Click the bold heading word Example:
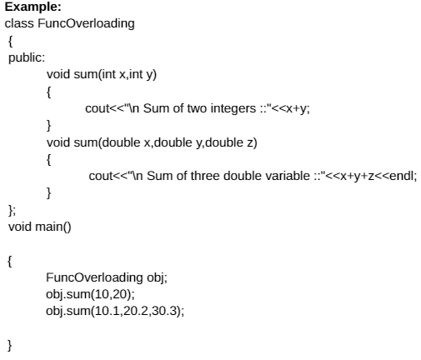[33, 7]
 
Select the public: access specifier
[27, 58]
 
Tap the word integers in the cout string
[233, 108]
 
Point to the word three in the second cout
[205, 176]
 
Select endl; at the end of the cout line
[403, 176]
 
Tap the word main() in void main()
[53, 227]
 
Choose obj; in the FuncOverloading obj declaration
[157, 277]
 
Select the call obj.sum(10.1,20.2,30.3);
[115, 311]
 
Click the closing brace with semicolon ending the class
[12, 210]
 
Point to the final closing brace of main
[10, 346]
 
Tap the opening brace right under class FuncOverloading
[10, 42]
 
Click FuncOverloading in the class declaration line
[86, 23]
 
